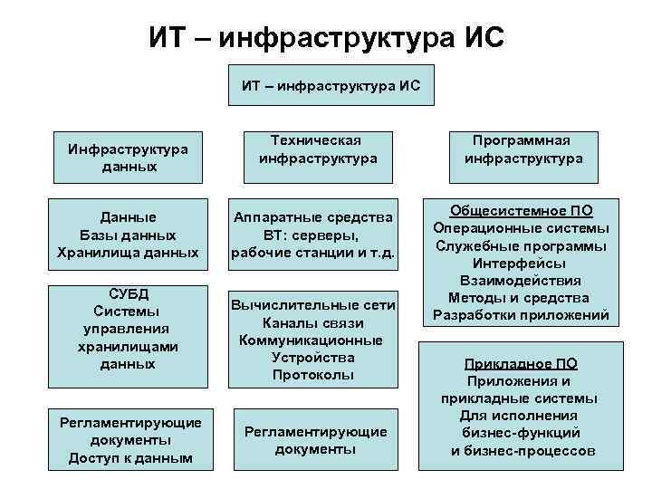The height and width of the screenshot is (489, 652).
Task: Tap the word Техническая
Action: (317, 139)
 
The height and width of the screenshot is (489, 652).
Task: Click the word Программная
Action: (523, 139)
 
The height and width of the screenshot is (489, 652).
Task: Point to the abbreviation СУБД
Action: (128, 294)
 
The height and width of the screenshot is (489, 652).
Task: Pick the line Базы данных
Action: (128, 234)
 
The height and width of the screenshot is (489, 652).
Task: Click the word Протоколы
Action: (312, 374)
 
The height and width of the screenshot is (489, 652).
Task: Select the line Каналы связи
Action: (312, 322)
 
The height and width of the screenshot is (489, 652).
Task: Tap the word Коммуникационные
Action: (312, 340)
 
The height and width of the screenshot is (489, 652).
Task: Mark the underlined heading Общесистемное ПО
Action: (521, 210)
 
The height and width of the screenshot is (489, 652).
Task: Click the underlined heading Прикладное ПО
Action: (521, 364)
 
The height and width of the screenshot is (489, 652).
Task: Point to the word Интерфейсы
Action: (521, 263)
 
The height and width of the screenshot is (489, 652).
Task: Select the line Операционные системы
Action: (521, 227)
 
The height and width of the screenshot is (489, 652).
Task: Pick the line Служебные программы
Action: (521, 245)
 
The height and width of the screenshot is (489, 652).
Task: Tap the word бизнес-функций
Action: (521, 433)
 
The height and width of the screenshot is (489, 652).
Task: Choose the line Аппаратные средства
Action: (312, 217)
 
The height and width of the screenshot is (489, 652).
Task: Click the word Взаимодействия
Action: (521, 280)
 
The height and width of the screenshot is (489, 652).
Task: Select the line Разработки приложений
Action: (521, 315)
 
